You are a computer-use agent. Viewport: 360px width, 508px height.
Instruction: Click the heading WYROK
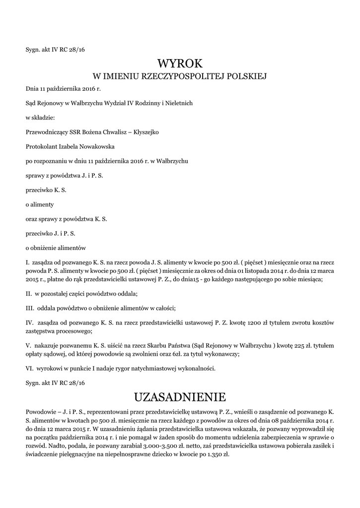tap(180, 63)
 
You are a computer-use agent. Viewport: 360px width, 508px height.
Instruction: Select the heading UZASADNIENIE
tap(180, 397)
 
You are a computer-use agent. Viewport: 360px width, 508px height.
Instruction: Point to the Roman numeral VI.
tap(29, 369)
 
